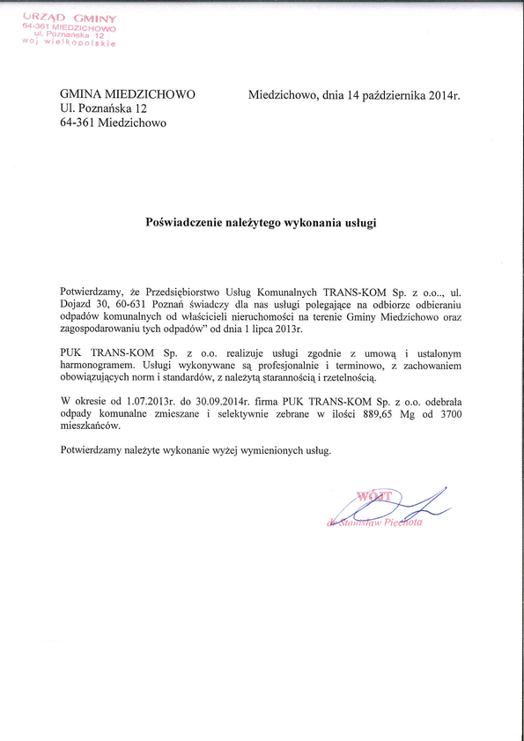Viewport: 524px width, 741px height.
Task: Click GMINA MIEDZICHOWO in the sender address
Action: click(128, 93)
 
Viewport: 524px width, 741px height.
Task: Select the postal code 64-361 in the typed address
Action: click(78, 122)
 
